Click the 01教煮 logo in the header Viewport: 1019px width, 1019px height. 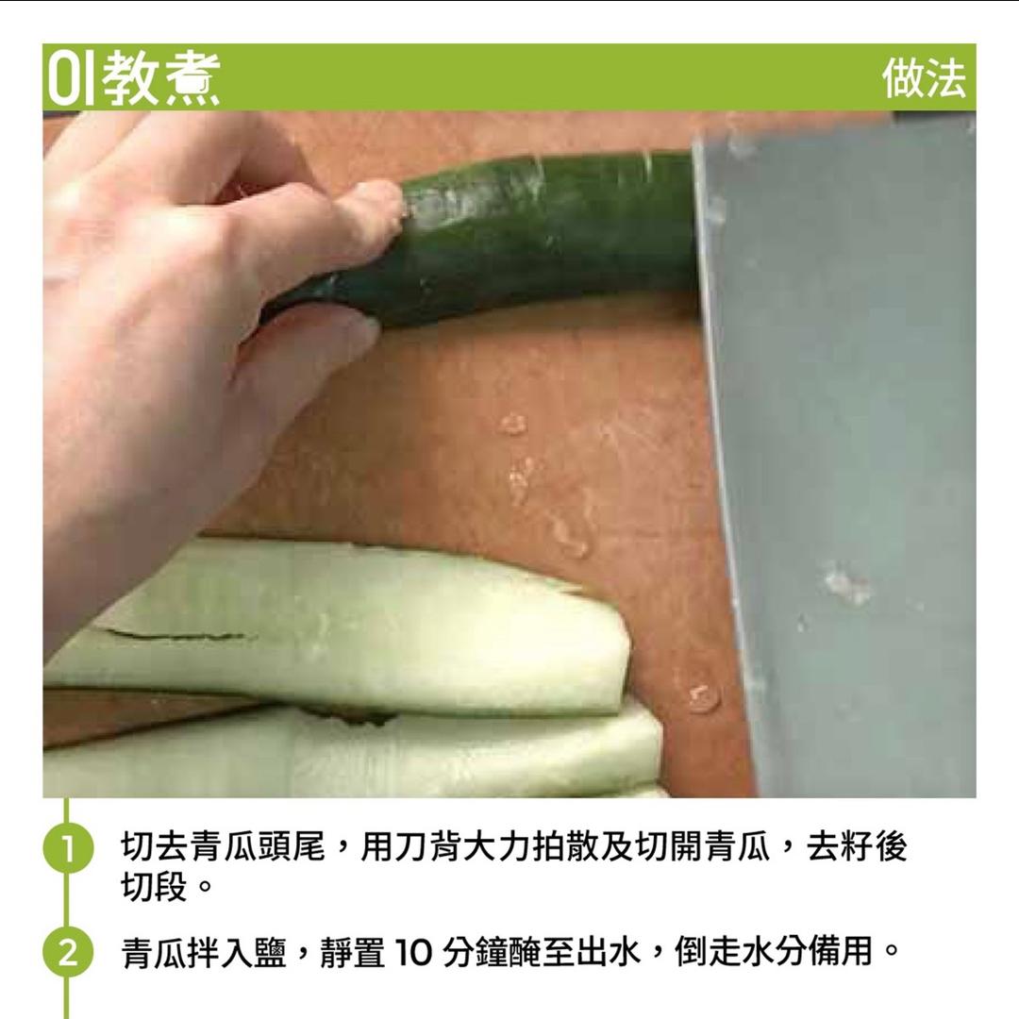point(132,77)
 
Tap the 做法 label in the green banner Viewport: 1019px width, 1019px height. point(924,77)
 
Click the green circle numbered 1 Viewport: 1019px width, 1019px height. point(67,847)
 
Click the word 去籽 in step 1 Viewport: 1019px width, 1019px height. point(839,847)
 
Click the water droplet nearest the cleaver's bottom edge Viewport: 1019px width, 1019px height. point(703,697)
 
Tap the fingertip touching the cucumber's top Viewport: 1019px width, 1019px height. point(387,198)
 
